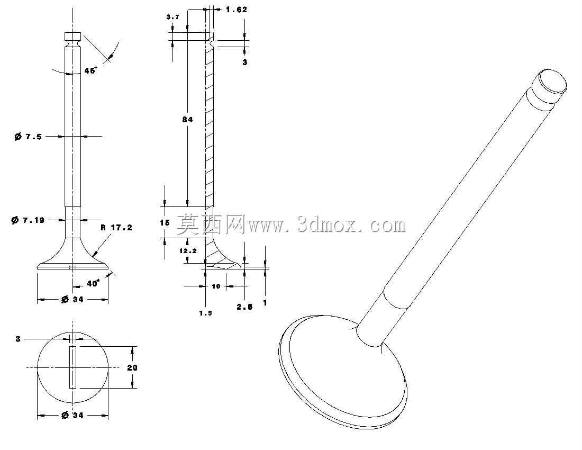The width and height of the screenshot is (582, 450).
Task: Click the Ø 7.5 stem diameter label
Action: point(28,137)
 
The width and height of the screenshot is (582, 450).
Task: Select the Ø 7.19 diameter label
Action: point(28,220)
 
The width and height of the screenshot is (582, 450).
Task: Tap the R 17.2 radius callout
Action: point(116,228)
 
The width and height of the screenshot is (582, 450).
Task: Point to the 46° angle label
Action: point(90,70)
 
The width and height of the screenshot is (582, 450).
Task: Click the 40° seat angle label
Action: point(93,283)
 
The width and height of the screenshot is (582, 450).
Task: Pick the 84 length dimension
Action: point(187,120)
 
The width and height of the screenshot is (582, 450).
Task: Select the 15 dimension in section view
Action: point(165,223)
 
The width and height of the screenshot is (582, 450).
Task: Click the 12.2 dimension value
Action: point(188,251)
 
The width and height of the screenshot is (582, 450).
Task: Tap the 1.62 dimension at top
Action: point(237,10)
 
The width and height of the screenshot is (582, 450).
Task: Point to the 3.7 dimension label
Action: point(172,17)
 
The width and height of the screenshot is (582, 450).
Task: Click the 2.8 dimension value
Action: point(244,307)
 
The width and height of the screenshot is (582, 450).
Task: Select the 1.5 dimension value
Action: point(206,313)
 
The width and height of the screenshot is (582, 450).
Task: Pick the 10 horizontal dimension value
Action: point(216,286)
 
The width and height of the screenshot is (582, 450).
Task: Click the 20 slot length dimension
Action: point(132,367)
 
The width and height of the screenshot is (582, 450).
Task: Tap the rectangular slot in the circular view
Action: point(73,367)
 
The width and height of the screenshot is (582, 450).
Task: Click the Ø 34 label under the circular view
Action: point(72,415)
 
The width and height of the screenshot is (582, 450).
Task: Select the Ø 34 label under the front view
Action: point(72,299)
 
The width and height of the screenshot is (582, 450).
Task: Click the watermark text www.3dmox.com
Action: point(327,225)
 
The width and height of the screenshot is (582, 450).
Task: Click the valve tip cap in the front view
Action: point(73,37)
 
